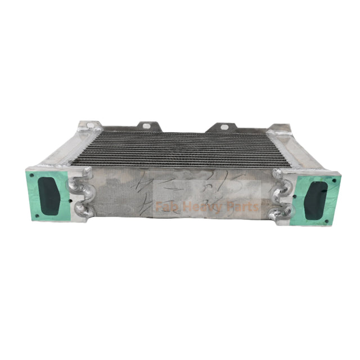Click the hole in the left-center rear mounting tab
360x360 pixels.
coord(146,126)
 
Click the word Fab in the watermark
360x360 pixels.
coord(166,206)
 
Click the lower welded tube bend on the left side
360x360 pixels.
coord(82,211)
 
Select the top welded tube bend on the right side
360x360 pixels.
coord(280,176)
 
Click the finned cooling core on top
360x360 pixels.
coord(180,149)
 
